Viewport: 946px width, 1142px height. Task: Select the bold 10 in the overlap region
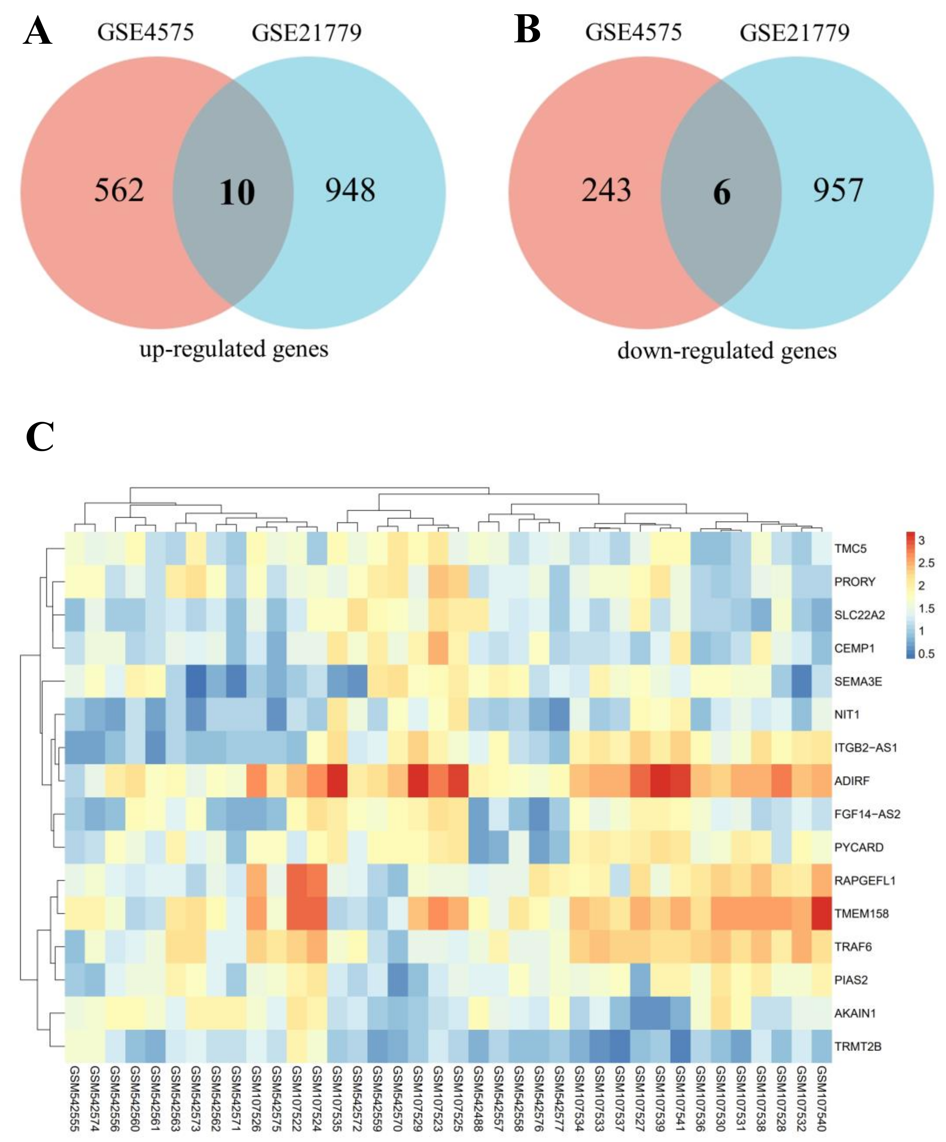click(237, 193)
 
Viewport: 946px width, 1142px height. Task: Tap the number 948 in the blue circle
click(350, 190)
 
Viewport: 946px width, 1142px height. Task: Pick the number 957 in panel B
click(838, 190)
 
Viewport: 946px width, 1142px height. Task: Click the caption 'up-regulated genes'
click(234, 349)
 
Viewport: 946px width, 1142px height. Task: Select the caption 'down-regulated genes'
click(727, 351)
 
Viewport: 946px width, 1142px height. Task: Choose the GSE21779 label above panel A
click(306, 33)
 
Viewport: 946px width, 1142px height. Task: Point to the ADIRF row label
click(852, 781)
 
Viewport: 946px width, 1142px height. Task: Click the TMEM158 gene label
click(861, 914)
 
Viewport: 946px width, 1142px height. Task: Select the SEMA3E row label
click(858, 681)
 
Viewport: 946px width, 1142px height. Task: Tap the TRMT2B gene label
click(857, 1046)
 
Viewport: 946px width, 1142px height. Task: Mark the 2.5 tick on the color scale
click(926, 563)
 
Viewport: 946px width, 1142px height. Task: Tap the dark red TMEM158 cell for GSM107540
click(821, 914)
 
